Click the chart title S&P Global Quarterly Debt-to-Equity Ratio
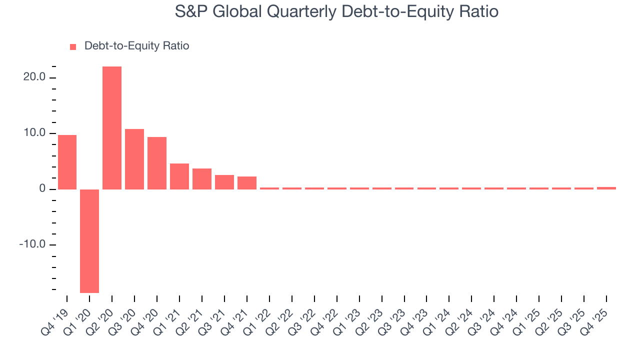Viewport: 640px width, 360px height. (x=336, y=11)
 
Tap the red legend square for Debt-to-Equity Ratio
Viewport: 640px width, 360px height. (x=73, y=46)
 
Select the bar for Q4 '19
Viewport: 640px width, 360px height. (x=67, y=162)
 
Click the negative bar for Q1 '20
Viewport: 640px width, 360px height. (x=89, y=241)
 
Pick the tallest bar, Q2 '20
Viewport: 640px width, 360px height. (x=112, y=128)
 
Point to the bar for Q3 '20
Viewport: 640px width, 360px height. (x=134, y=159)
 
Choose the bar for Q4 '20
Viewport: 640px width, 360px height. (x=157, y=163)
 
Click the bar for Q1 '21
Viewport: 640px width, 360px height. (x=179, y=176)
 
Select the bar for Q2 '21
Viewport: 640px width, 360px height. (x=202, y=179)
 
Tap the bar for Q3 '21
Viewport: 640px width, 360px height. (x=224, y=182)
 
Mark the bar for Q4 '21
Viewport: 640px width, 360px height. (x=247, y=183)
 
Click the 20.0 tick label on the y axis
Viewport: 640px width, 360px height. (x=34, y=77)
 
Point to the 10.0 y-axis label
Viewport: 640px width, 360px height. (x=34, y=133)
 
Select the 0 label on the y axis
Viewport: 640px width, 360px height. (x=42, y=189)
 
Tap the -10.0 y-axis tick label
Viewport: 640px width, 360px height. (x=32, y=244)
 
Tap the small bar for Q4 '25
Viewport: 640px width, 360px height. (x=606, y=188)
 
